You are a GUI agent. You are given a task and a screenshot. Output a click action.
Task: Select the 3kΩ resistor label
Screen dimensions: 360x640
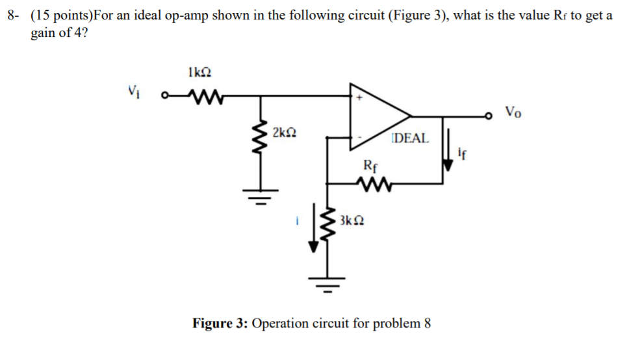coord(352,221)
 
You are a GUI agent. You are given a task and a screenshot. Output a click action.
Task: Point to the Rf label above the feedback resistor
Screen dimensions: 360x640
coord(368,166)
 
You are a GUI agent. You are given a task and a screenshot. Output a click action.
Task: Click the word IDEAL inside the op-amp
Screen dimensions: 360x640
coord(410,138)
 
